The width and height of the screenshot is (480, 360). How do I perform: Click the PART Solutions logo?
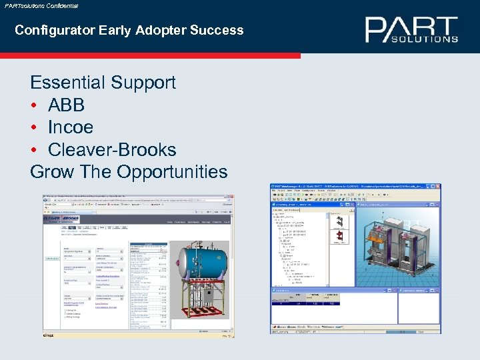tap(411, 30)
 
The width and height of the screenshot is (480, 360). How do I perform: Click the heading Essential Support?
tap(103, 83)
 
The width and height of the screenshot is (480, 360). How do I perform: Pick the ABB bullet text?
tap(66, 105)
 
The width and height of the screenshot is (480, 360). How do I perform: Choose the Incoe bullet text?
tap(71, 127)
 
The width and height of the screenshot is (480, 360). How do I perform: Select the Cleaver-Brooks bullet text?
tap(112, 150)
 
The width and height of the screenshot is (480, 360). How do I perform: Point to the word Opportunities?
tap(172, 172)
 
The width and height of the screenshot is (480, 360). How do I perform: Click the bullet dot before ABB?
tap(34, 105)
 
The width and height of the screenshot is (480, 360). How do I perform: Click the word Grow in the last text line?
tap(52, 172)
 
